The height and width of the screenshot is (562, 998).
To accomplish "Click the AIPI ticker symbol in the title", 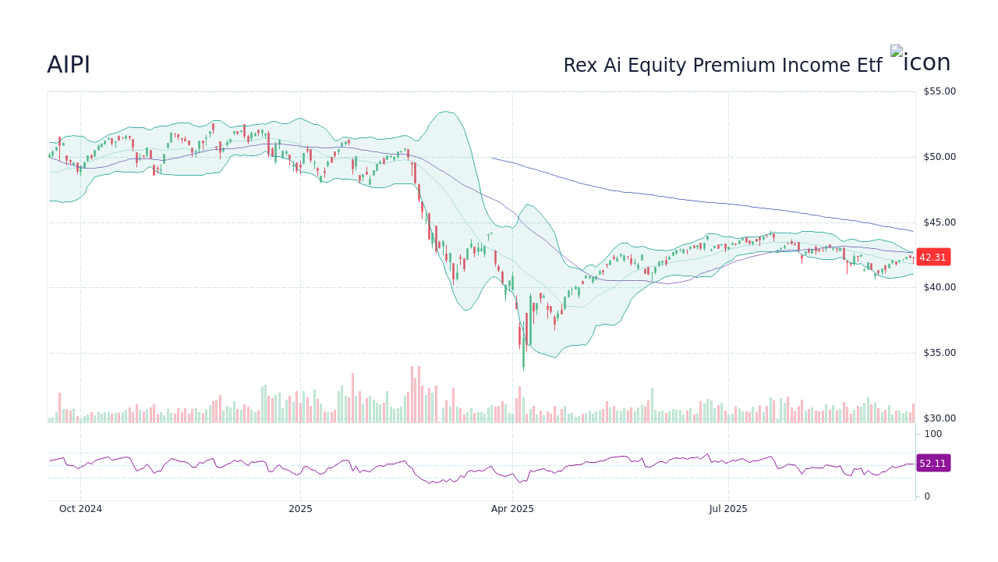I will [69, 66].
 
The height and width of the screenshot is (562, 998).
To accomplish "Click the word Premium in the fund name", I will [731, 66].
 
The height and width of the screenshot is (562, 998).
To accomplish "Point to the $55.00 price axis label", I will [939, 91].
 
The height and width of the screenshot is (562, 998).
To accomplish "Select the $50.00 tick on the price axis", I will [939, 157].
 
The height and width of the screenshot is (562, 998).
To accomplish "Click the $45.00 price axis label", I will [939, 222].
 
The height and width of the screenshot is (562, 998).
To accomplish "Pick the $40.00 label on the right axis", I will [939, 287].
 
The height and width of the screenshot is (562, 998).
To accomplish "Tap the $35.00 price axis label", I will [939, 353].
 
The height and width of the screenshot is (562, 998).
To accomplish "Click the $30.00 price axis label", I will [939, 418].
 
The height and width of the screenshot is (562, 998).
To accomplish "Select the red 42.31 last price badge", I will [933, 258].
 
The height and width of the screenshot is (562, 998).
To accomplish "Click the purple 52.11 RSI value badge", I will [933, 464].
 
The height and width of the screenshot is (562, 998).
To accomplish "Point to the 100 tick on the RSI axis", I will [933, 434].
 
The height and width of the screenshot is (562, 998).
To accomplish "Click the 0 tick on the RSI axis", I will [927, 496].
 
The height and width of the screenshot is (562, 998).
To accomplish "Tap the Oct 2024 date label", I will [80, 509].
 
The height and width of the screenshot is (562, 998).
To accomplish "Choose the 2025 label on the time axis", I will [300, 509].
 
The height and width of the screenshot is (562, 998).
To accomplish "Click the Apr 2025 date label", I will [512, 509].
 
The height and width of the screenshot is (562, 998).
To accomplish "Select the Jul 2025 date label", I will [728, 509].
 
